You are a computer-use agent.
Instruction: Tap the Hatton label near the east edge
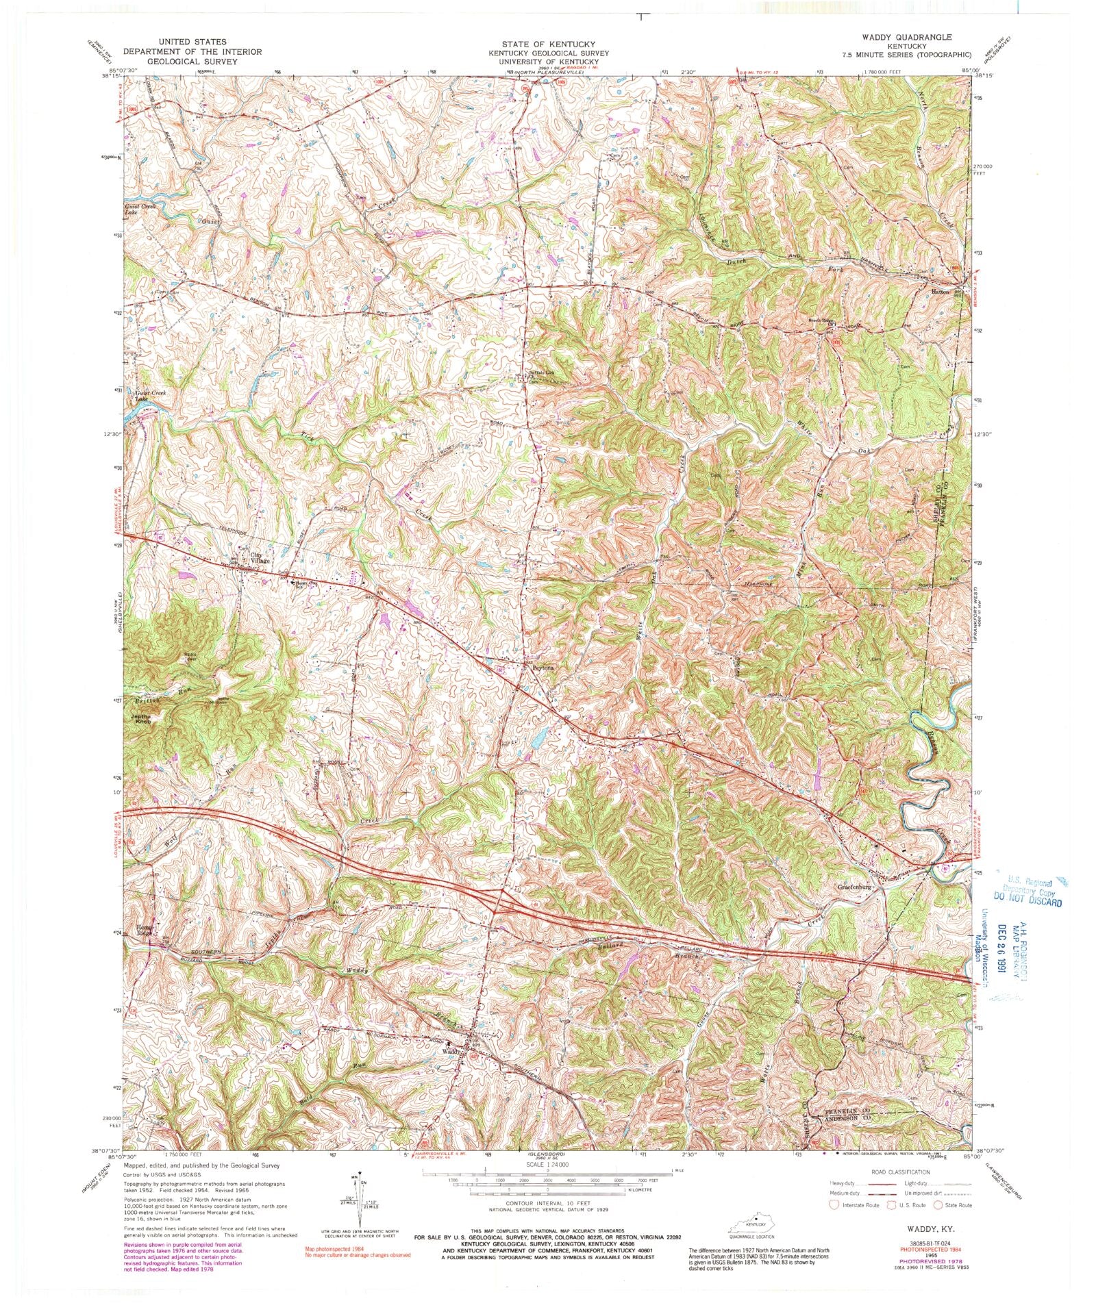[x=940, y=292]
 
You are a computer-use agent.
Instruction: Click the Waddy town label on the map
[x=450, y=1050]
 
